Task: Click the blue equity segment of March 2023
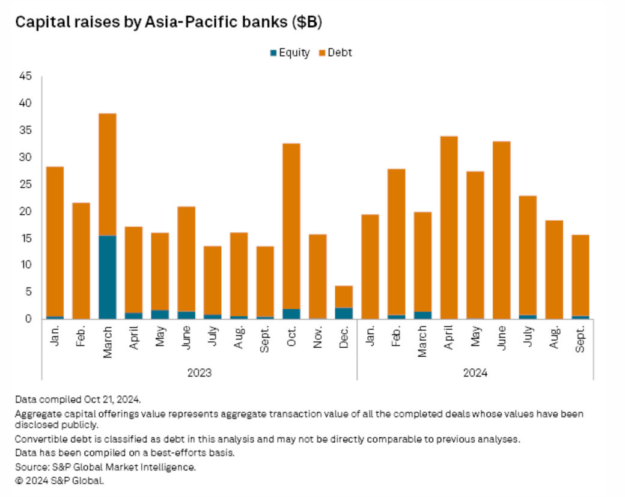tap(108, 277)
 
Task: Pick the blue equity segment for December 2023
tap(344, 313)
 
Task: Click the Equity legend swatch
tap(273, 53)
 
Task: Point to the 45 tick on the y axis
tap(25, 76)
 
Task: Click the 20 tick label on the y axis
tap(25, 211)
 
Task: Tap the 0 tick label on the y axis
tap(28, 319)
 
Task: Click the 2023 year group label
tap(200, 373)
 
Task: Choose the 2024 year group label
tap(475, 373)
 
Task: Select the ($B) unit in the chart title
tap(308, 22)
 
